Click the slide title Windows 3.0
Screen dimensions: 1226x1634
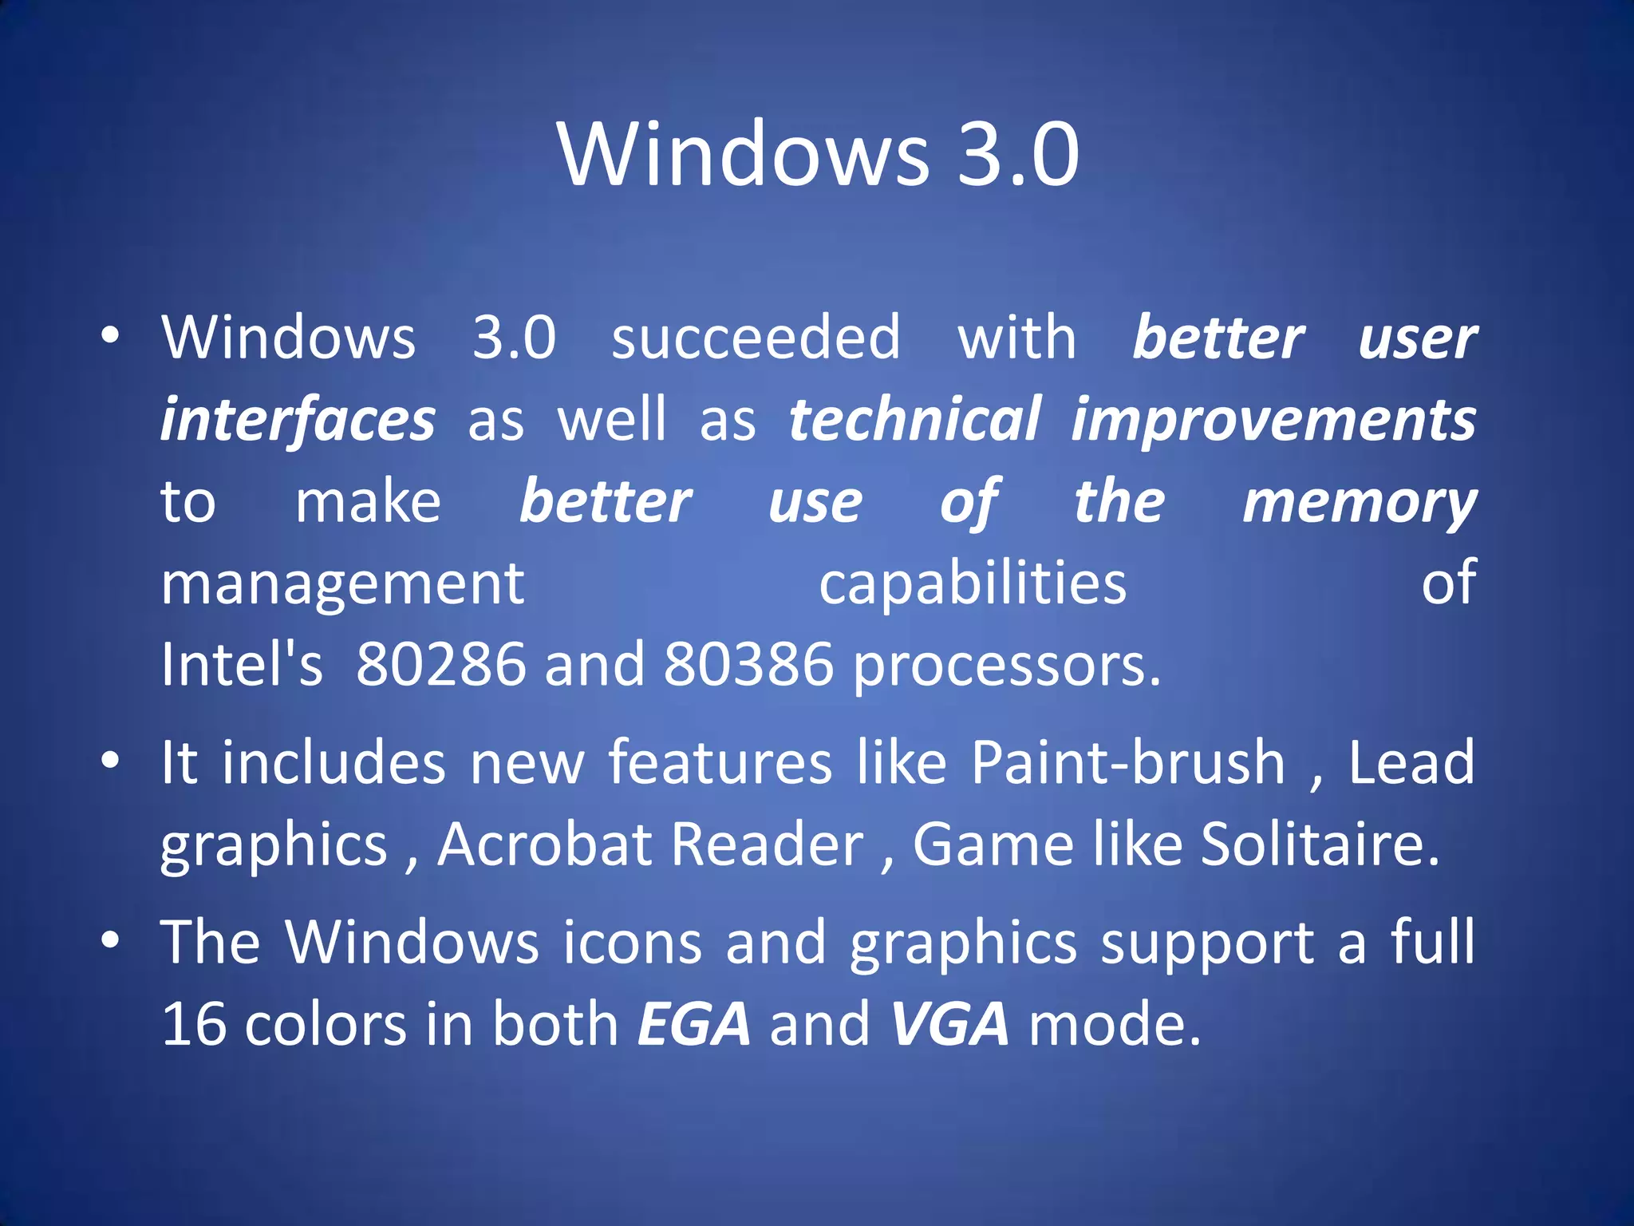pyautogui.click(x=818, y=153)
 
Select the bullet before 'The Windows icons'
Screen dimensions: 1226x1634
pyautogui.click(x=111, y=939)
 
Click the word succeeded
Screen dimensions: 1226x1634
pyautogui.click(x=756, y=338)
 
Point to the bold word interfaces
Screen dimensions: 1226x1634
pyautogui.click(x=298, y=421)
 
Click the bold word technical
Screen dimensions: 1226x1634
pyautogui.click(x=914, y=420)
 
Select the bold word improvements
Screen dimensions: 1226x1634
pyautogui.click(x=1273, y=421)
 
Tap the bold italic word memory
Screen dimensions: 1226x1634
pyautogui.click(x=1359, y=503)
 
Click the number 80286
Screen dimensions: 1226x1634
pyautogui.click(x=441, y=664)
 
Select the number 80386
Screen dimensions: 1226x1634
pyautogui.click(x=748, y=664)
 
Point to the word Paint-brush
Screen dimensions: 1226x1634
pyautogui.click(x=1128, y=763)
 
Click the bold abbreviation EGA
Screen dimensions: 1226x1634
pyautogui.click(x=694, y=1024)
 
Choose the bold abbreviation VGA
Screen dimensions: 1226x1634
pyautogui.click(x=949, y=1024)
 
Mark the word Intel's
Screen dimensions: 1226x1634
pyautogui.click(x=241, y=664)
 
